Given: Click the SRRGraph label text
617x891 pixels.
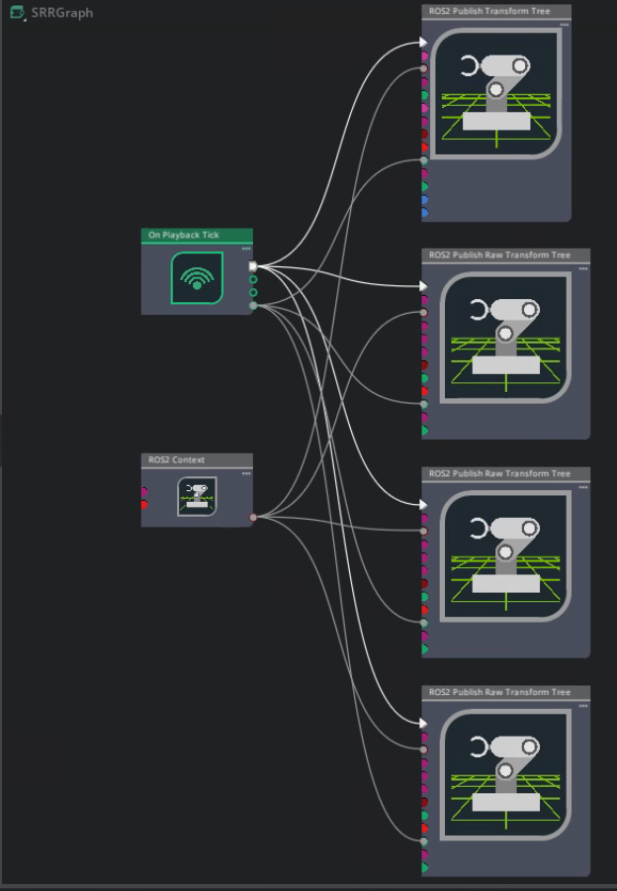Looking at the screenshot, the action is (x=62, y=13).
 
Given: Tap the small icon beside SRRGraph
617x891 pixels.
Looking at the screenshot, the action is (x=18, y=13).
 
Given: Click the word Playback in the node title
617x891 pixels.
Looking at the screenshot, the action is (x=181, y=235).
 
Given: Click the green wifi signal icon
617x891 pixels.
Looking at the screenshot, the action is (x=197, y=278).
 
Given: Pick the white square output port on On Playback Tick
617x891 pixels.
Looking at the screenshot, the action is (x=253, y=266).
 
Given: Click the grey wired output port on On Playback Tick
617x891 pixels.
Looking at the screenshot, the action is (x=253, y=306).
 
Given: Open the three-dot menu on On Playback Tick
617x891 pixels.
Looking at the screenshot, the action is (x=246, y=248).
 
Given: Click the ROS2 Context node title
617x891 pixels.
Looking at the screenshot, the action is (x=177, y=459).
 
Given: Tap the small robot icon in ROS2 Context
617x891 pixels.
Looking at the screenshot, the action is (x=197, y=496).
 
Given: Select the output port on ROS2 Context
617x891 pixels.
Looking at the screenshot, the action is (x=253, y=517).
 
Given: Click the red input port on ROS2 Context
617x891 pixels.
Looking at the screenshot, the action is (x=144, y=505).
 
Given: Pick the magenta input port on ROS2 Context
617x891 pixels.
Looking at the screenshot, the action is (x=144, y=491).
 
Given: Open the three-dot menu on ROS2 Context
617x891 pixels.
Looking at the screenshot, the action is (x=246, y=473).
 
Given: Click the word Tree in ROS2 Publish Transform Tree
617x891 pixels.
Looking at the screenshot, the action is (x=542, y=11).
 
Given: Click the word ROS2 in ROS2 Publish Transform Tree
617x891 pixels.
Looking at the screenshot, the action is (x=439, y=11).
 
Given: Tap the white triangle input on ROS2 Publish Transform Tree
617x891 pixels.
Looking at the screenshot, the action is (x=423, y=42).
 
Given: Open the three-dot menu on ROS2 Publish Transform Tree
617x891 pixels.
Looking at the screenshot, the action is (x=564, y=25).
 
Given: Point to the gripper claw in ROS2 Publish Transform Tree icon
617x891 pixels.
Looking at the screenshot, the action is (x=469, y=66).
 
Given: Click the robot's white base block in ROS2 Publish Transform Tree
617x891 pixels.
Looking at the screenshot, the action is (x=496, y=121).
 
